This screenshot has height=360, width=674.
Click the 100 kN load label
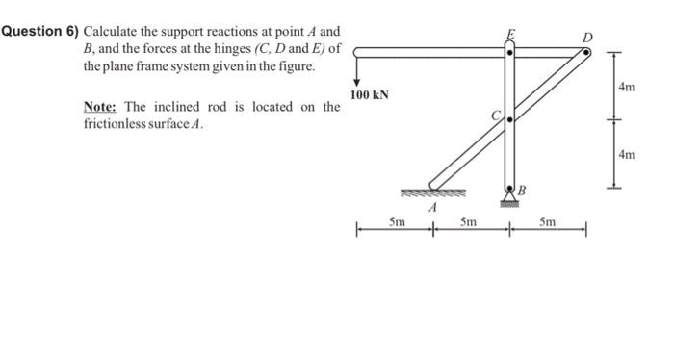pos(369,95)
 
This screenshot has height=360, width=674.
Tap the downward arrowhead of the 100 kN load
pos(355,82)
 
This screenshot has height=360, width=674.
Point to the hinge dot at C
pos(509,119)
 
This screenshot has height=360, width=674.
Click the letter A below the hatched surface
pos(433,206)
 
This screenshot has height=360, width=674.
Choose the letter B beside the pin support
pos(523,189)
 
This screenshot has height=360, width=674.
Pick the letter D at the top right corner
pos(587,38)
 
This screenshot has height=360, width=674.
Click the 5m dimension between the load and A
pos(396,221)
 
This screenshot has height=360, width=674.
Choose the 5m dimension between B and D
pos(546,221)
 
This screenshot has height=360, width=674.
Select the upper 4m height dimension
pos(627,87)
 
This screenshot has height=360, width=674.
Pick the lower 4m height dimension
pos(627,153)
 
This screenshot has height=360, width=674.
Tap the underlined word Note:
pos(103,106)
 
